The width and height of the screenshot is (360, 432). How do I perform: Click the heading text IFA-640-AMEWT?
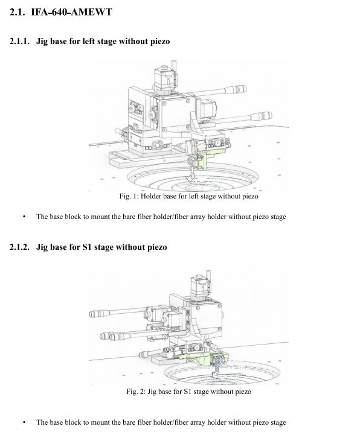(71, 12)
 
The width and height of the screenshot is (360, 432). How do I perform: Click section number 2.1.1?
(19, 41)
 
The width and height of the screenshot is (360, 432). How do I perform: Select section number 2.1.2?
(19, 247)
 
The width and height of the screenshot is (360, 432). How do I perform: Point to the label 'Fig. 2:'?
(136, 392)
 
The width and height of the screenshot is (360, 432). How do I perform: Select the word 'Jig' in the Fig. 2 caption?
(152, 392)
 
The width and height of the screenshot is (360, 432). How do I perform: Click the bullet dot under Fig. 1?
(25, 217)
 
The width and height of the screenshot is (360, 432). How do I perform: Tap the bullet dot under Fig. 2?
(25, 422)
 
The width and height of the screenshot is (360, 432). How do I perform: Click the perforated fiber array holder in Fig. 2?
(218, 364)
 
